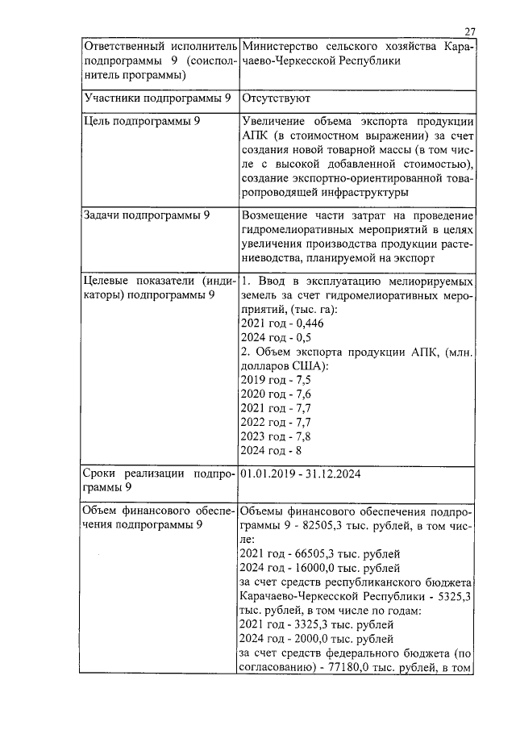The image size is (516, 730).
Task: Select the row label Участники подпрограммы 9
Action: tap(158, 98)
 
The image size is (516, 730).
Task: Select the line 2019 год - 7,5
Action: tap(275, 380)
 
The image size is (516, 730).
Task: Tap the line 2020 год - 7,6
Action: tap(275, 394)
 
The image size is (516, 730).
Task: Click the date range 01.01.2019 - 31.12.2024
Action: tap(301, 473)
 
